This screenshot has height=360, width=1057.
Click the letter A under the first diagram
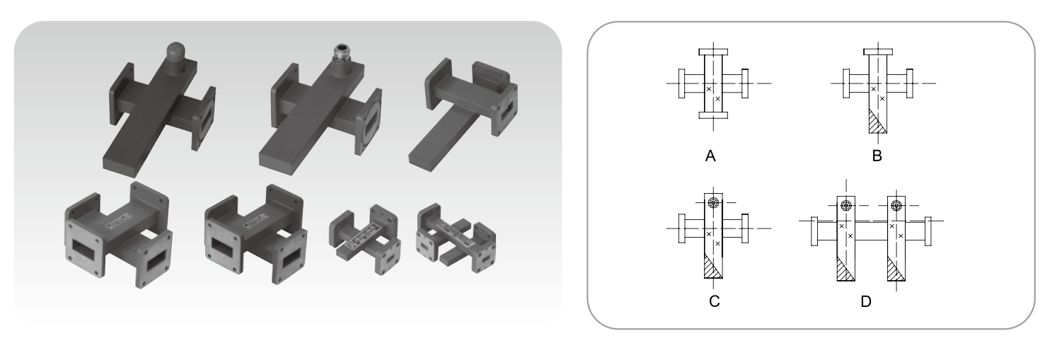click(x=710, y=156)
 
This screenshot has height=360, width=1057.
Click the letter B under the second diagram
click(x=877, y=156)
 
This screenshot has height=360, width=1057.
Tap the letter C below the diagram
click(x=714, y=301)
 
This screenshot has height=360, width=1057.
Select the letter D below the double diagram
click(x=865, y=301)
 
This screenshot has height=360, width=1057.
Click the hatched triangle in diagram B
click(x=875, y=124)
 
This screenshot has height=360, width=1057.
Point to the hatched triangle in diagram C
click(x=710, y=269)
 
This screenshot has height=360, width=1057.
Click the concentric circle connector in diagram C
click(x=713, y=203)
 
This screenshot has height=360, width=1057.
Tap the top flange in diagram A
click(x=713, y=52)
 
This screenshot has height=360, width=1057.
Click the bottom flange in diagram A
click(x=713, y=115)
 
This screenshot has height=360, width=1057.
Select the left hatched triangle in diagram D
click(x=843, y=271)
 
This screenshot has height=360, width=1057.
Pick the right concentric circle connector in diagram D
click(x=896, y=206)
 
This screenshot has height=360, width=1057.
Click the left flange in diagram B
click(x=846, y=83)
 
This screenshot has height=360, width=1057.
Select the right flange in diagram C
click(x=744, y=228)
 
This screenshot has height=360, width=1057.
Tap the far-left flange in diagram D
click(x=814, y=231)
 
